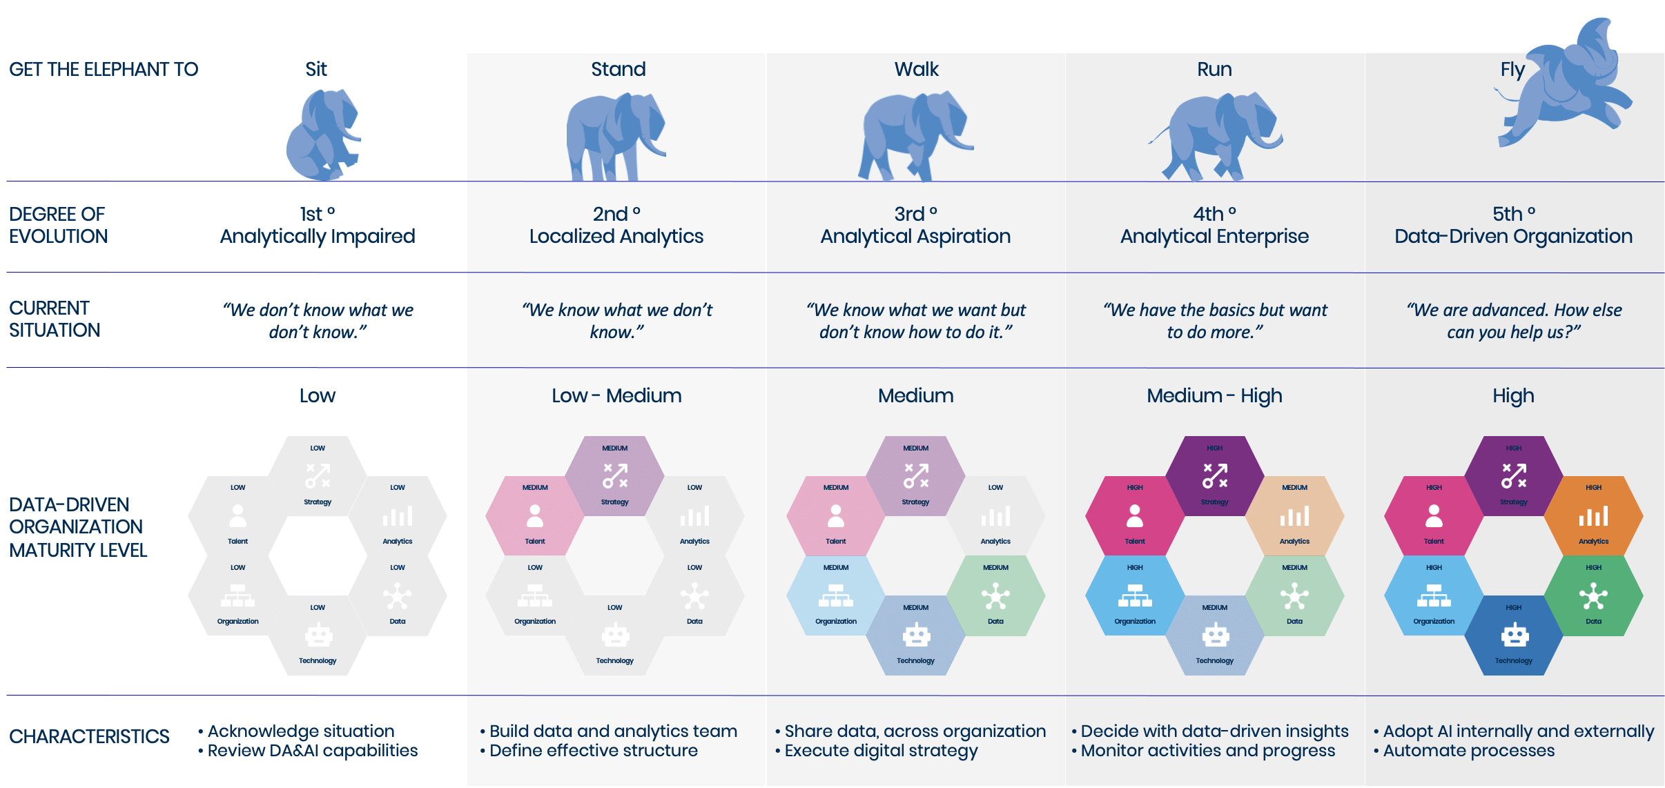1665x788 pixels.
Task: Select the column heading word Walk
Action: [x=916, y=69]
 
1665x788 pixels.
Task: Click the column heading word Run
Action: [x=1214, y=69]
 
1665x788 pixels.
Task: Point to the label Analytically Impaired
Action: [x=318, y=236]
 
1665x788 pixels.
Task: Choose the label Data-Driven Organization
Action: [x=1513, y=236]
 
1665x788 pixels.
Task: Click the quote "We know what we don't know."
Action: [x=617, y=321]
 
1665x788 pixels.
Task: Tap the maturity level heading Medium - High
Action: [x=1214, y=395]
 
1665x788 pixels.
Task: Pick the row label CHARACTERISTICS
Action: [x=89, y=736]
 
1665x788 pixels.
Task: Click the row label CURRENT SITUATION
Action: [x=55, y=319]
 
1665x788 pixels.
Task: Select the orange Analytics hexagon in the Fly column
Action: [x=1593, y=515]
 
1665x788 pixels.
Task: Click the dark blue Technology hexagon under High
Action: [x=1513, y=636]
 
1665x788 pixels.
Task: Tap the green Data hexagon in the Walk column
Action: [x=995, y=595]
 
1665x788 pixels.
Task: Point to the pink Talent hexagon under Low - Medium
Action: [x=535, y=515]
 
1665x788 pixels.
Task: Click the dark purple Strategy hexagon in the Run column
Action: [x=1214, y=476]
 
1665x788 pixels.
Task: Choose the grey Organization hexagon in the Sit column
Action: [x=237, y=595]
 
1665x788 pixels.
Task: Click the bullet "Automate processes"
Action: [x=1468, y=751]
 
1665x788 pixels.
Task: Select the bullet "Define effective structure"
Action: [x=593, y=751]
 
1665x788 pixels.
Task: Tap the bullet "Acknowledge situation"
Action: [x=301, y=731]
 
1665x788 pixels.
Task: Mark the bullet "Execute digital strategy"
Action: [x=881, y=751]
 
